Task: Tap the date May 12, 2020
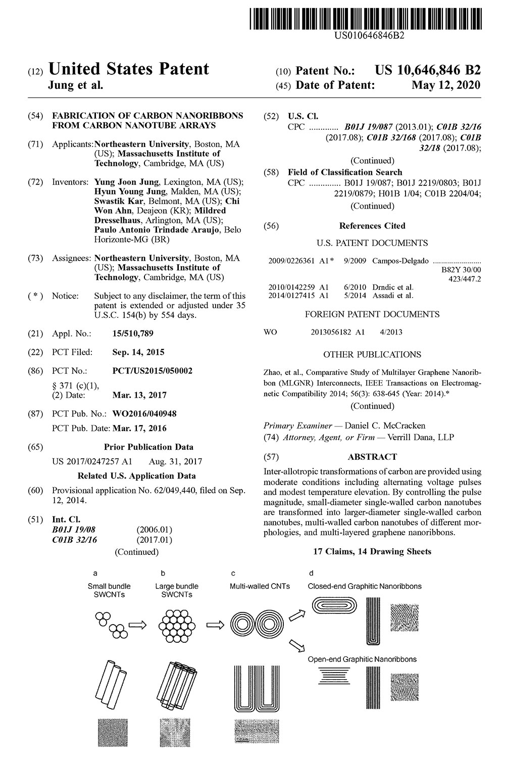(446, 85)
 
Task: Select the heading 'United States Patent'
(128, 69)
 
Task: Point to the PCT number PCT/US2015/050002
(152, 371)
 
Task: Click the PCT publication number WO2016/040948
(144, 414)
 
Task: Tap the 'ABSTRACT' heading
(372, 457)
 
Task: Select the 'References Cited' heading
(372, 226)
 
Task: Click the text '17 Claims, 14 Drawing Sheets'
(372, 551)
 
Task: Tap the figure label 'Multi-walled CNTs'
(260, 586)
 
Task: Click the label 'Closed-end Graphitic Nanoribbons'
(365, 586)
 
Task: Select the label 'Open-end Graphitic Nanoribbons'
(362, 659)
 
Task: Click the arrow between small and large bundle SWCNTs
(137, 625)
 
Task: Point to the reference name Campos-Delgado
(400, 261)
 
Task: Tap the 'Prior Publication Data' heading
(148, 447)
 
